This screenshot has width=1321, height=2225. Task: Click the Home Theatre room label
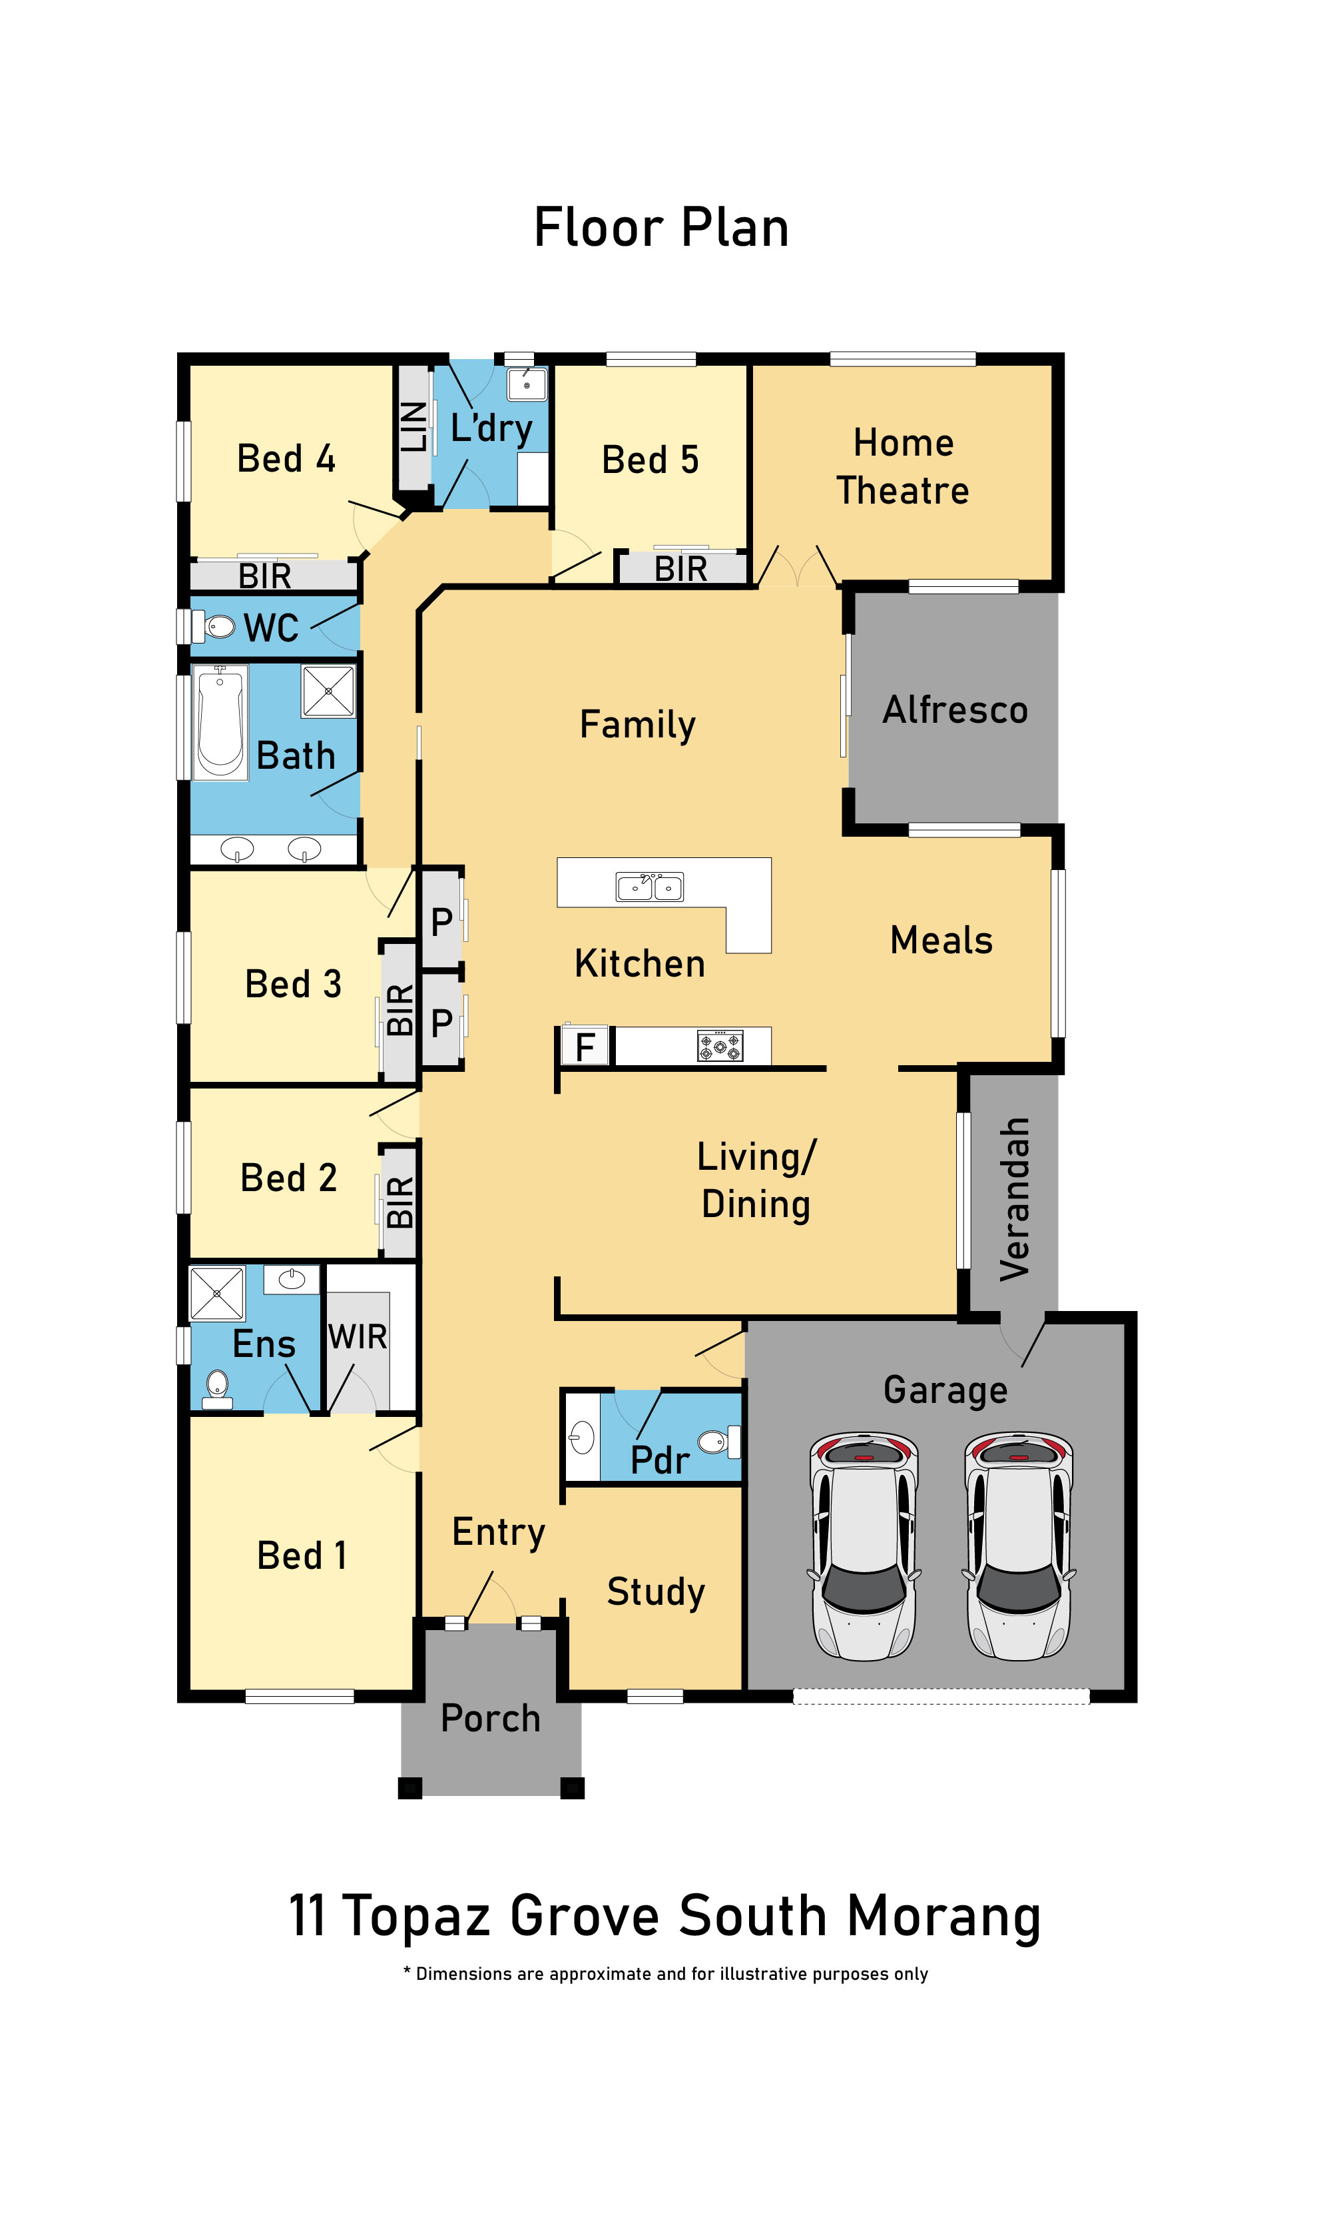(x=903, y=466)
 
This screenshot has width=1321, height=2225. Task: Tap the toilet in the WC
(x=214, y=626)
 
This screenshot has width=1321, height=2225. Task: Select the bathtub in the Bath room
(x=220, y=723)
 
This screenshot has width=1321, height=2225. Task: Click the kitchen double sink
(x=650, y=887)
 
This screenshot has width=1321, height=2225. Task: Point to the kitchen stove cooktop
(x=720, y=1046)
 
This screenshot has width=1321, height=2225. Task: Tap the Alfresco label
(x=955, y=709)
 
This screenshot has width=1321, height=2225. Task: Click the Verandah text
(x=1015, y=1199)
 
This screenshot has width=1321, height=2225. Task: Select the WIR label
(x=358, y=1336)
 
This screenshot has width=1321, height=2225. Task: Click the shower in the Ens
(x=217, y=1293)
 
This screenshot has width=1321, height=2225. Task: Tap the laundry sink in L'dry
(x=527, y=384)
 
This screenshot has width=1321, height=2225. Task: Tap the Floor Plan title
(x=661, y=227)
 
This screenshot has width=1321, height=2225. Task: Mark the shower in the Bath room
(x=328, y=691)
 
